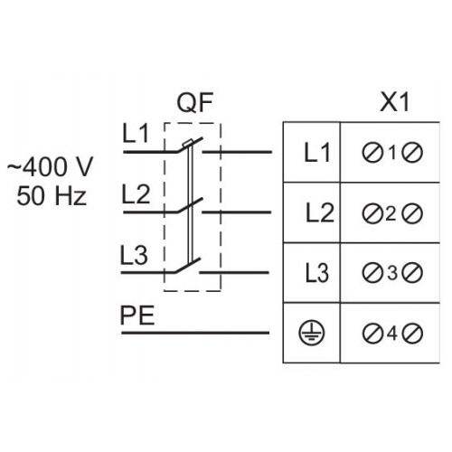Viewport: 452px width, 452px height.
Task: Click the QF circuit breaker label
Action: (x=195, y=102)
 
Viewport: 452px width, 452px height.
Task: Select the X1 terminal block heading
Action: (x=394, y=102)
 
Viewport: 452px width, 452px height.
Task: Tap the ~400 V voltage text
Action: (x=50, y=166)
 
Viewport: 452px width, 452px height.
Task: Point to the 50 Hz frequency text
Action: (x=52, y=196)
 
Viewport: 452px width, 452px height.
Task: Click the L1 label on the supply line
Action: (x=136, y=134)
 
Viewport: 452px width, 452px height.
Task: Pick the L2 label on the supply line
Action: (x=136, y=194)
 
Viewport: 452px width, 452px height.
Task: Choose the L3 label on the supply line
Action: (x=134, y=255)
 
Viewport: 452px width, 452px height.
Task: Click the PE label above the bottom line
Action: (x=137, y=315)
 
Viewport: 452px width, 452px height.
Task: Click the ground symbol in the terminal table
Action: (x=312, y=333)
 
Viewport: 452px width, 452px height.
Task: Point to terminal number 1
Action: (x=392, y=153)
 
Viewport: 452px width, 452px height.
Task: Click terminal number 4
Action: (x=391, y=334)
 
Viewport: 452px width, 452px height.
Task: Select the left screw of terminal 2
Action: (x=372, y=213)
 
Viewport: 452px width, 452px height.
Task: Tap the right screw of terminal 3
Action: (x=412, y=273)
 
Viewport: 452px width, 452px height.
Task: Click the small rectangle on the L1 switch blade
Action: (x=188, y=144)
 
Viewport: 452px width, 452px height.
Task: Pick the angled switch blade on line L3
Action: (x=187, y=266)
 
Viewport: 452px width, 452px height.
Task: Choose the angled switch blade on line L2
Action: (x=190, y=205)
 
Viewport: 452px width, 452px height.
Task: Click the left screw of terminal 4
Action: (x=372, y=334)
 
